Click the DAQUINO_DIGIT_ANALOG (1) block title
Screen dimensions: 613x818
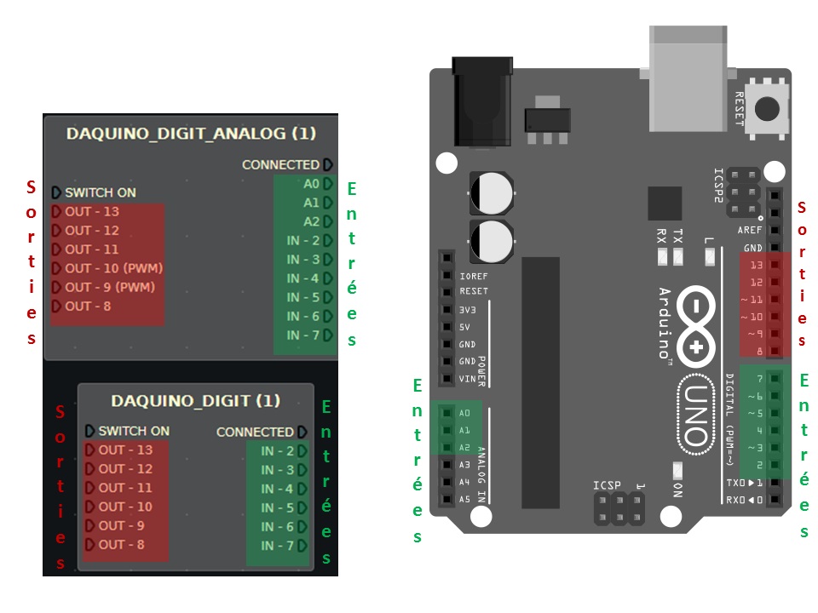click(191, 134)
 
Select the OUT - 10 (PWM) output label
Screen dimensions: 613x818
click(113, 268)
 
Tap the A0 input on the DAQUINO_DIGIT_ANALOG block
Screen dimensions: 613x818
click(311, 184)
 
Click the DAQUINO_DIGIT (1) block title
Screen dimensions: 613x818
click(195, 400)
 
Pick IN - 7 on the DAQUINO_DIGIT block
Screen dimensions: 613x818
click(278, 545)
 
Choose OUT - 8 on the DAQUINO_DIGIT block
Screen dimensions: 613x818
click(121, 545)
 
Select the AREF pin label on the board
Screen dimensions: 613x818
click(750, 231)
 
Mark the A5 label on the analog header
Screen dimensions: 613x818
click(464, 499)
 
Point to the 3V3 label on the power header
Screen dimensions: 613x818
click(467, 309)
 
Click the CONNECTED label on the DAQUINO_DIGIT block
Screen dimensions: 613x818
click(254, 432)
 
